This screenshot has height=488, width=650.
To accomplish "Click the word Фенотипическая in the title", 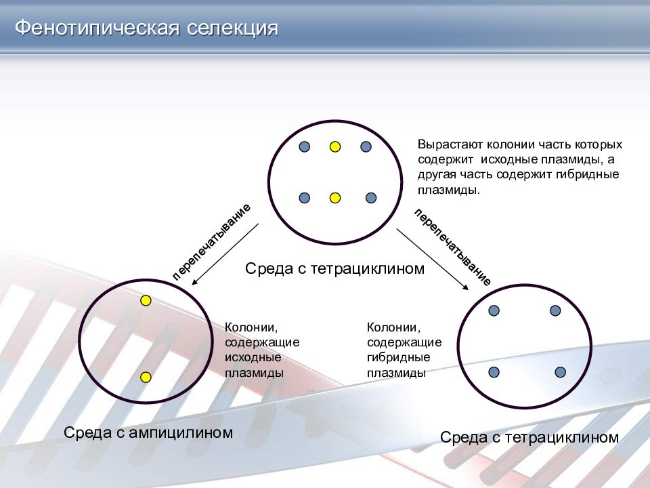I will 95,28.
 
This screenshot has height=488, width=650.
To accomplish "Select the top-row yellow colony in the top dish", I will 334,146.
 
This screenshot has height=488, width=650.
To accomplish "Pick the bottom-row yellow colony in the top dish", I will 334,198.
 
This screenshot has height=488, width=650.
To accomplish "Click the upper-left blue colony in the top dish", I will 304,146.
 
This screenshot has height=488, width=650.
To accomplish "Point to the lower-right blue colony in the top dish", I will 370,198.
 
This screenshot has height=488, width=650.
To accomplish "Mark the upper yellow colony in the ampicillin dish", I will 146,300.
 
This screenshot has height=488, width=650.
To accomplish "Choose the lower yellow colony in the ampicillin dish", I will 146,378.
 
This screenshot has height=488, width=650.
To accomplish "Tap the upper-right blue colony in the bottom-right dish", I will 555,310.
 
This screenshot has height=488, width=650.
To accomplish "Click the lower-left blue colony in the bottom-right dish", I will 494,372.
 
